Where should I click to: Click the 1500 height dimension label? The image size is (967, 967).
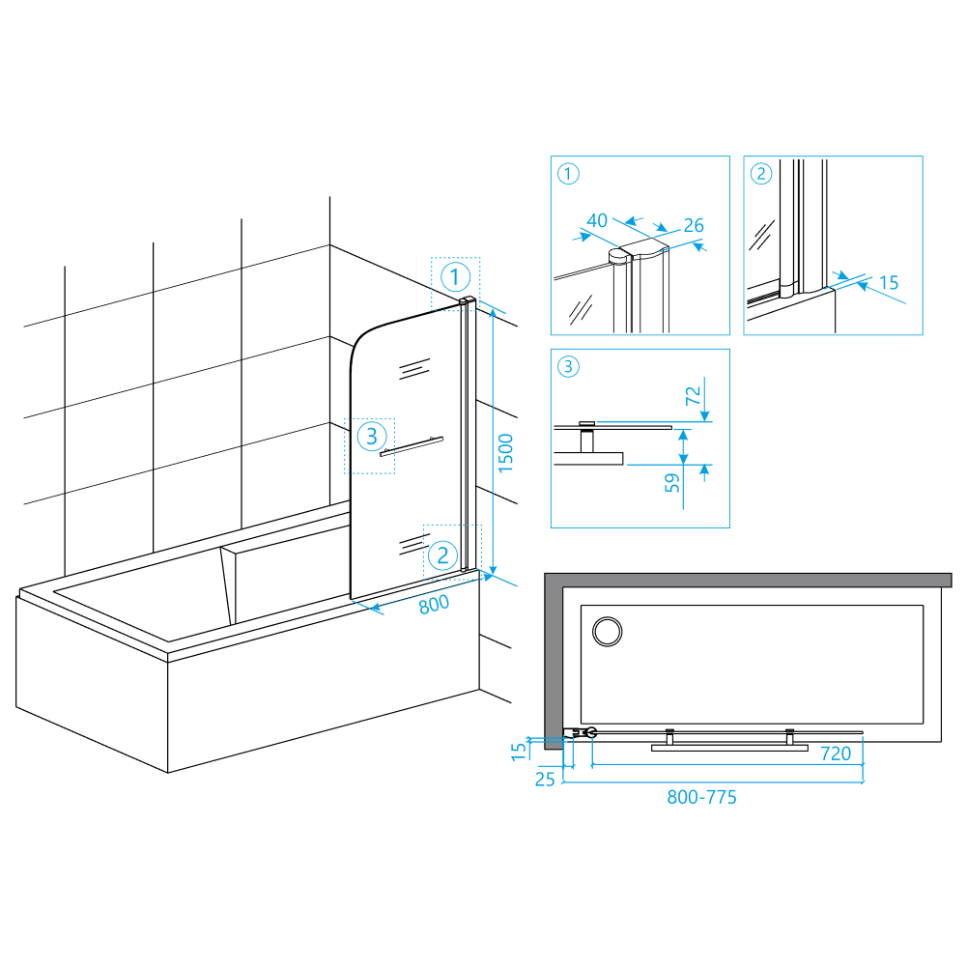(x=505, y=453)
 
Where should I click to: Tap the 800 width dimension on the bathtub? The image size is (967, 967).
(x=434, y=605)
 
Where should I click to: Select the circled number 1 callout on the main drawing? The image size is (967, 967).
(x=456, y=277)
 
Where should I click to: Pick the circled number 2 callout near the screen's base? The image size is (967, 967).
(x=442, y=555)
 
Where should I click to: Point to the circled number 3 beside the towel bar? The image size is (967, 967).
(x=372, y=436)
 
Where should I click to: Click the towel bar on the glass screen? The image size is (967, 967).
(x=412, y=446)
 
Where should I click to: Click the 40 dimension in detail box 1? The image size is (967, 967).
(x=596, y=221)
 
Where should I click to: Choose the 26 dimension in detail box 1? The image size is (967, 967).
(x=694, y=226)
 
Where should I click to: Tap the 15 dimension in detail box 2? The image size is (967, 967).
(x=889, y=283)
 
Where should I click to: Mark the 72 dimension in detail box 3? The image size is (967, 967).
(x=694, y=395)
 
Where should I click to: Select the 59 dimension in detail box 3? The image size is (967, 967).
(x=672, y=483)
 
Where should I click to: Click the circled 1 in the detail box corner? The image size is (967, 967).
(x=568, y=174)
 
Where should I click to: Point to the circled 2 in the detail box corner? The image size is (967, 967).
(x=761, y=174)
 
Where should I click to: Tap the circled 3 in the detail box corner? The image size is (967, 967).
(x=568, y=367)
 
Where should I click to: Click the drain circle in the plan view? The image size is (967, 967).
(x=608, y=632)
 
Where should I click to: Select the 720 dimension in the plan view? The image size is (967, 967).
(x=836, y=754)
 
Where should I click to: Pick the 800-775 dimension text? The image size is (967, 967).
(x=701, y=797)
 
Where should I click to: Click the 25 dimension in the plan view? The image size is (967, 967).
(x=545, y=780)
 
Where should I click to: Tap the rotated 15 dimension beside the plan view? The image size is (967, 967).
(x=520, y=752)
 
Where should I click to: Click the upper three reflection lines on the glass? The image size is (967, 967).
(x=414, y=369)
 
